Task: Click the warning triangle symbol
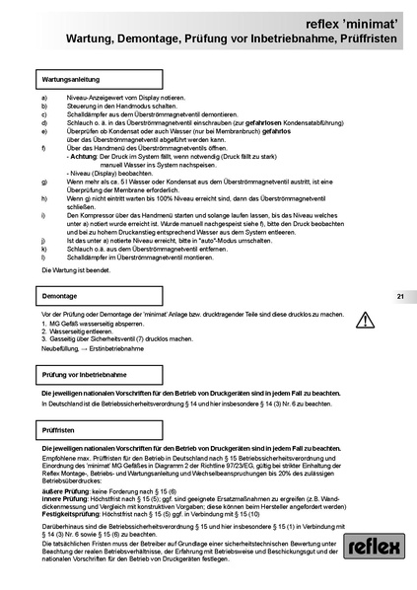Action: point(365,319)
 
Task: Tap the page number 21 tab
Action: point(400,296)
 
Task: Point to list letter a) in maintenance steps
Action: point(44,98)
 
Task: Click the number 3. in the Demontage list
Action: point(45,337)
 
